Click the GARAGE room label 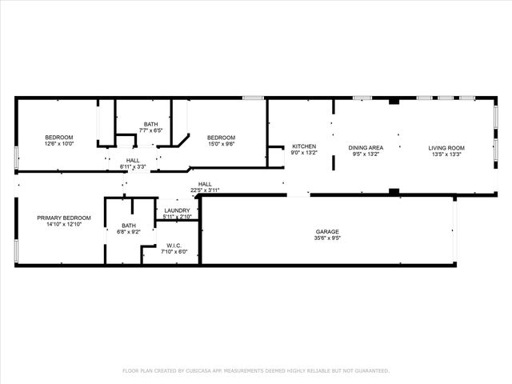(x=328, y=231)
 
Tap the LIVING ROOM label (x=446, y=147)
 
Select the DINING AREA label (x=366, y=147)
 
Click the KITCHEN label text (x=304, y=146)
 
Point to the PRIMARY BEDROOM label (x=64, y=218)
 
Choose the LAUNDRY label (x=176, y=210)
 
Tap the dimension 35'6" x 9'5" (x=328, y=238)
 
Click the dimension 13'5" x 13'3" (x=446, y=154)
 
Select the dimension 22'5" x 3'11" (x=205, y=190)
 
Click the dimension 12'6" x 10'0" (x=59, y=145)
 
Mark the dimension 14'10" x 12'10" (x=64, y=225)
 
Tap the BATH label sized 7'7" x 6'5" (x=151, y=123)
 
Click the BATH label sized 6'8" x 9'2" (x=129, y=225)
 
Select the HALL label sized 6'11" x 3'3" (x=133, y=160)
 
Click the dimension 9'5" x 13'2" (x=366, y=154)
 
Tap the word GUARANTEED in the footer (x=370, y=371)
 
